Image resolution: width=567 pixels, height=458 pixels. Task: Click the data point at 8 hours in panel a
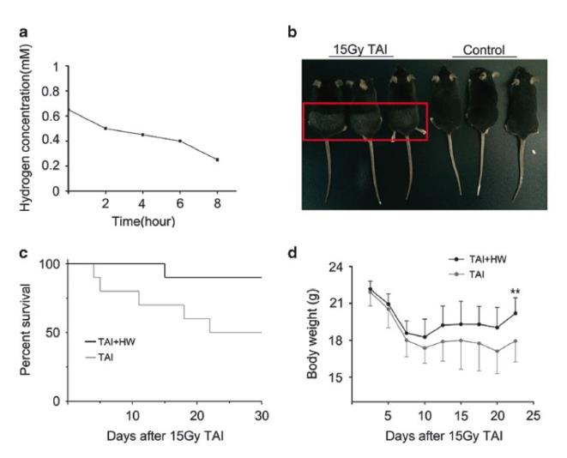pyautogui.click(x=217, y=160)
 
